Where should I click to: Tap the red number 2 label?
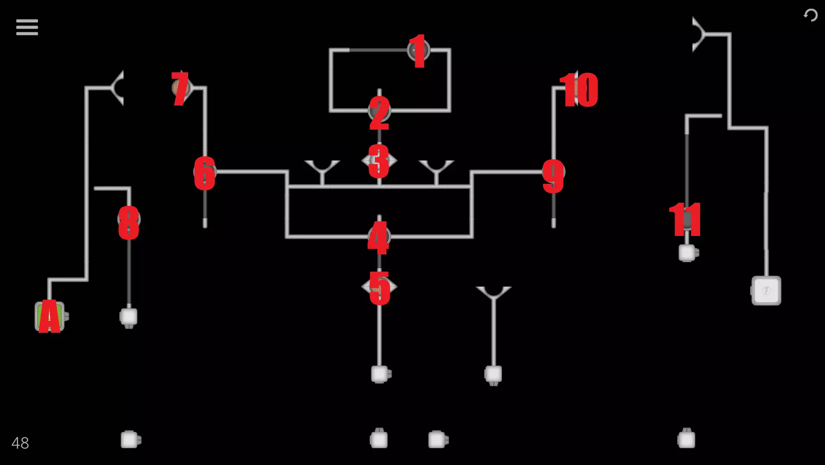coord(379,113)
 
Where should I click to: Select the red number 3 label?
coord(379,161)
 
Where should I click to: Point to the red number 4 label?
coord(378,238)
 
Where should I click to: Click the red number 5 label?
coord(380,288)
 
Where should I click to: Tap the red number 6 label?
coord(205,173)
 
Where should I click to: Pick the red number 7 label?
coord(180,89)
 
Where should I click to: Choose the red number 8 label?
coord(129,223)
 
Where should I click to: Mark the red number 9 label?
coord(553,177)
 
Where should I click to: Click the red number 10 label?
coord(579,90)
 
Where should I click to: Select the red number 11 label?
coord(685,220)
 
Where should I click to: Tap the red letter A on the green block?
coord(50,316)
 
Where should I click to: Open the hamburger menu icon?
coord(27,27)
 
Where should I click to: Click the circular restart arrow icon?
coord(810,15)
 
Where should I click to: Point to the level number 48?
coord(20,443)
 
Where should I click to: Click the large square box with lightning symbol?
coord(766,291)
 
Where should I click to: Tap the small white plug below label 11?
coord(688,253)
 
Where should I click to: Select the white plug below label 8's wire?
coord(128,318)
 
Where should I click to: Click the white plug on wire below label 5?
coord(381,374)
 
